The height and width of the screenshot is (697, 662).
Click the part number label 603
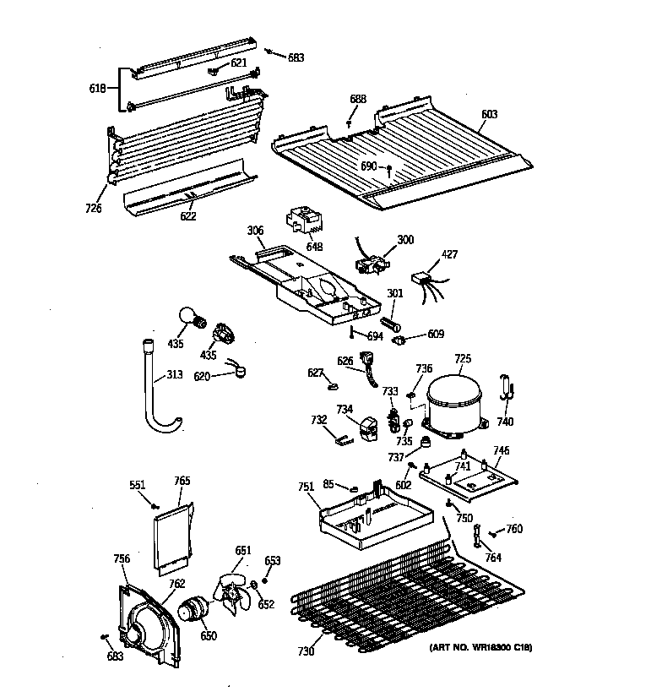click(x=489, y=114)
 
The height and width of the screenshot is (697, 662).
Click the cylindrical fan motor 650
click(x=194, y=610)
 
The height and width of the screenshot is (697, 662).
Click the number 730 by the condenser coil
click(x=305, y=651)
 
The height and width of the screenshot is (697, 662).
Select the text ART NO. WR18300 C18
click(x=481, y=647)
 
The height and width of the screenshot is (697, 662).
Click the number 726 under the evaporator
click(x=93, y=209)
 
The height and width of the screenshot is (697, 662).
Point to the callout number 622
click(x=187, y=216)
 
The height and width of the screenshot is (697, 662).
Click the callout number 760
click(x=514, y=530)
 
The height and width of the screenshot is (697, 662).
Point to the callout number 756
click(x=122, y=558)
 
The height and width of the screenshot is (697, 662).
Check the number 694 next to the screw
click(x=375, y=336)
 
